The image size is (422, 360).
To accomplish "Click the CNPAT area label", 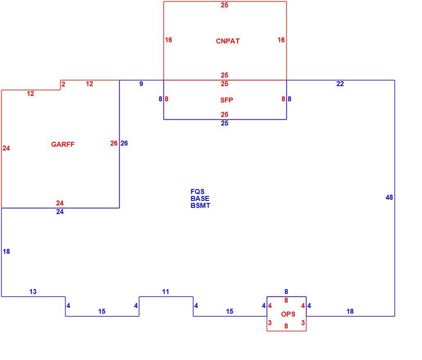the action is (228, 41).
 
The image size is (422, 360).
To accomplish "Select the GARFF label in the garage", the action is (63, 145).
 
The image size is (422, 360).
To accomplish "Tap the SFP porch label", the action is (227, 100).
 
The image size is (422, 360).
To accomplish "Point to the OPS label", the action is (288, 314).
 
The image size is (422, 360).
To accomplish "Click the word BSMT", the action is (200, 206).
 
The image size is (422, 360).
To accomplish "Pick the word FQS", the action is (197, 192).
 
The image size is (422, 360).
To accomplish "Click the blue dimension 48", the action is (389, 198).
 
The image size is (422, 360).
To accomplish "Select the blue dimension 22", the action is (340, 84).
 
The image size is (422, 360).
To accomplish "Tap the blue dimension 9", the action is (141, 84).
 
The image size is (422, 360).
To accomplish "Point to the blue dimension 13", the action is (33, 292).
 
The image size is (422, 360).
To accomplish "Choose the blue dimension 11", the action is (166, 292).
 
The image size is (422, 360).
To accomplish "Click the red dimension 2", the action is (63, 84).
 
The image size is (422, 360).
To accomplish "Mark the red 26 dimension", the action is (114, 144).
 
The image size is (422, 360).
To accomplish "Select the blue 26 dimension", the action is (124, 144).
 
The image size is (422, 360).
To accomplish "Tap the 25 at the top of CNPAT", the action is (225, 5).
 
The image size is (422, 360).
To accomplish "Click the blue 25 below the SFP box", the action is (225, 123).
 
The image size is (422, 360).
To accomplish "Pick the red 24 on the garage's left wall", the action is (6, 148).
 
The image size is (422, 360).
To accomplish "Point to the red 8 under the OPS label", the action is (286, 326).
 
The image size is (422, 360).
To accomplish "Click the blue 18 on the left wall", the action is (6, 252).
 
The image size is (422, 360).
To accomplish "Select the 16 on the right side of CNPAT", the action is (281, 40).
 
